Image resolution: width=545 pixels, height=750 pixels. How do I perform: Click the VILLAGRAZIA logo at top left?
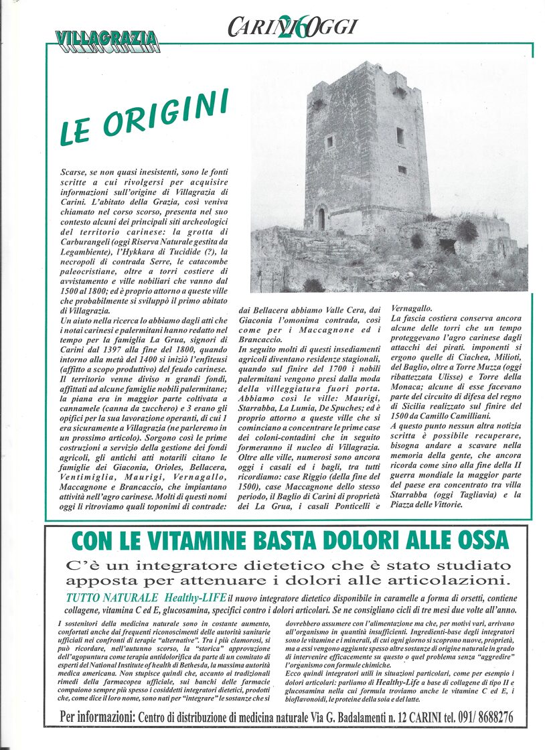[x=106, y=42]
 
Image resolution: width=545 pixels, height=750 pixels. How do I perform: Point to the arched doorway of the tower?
[x=321, y=219]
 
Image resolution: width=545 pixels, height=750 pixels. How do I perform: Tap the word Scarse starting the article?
[x=73, y=172]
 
